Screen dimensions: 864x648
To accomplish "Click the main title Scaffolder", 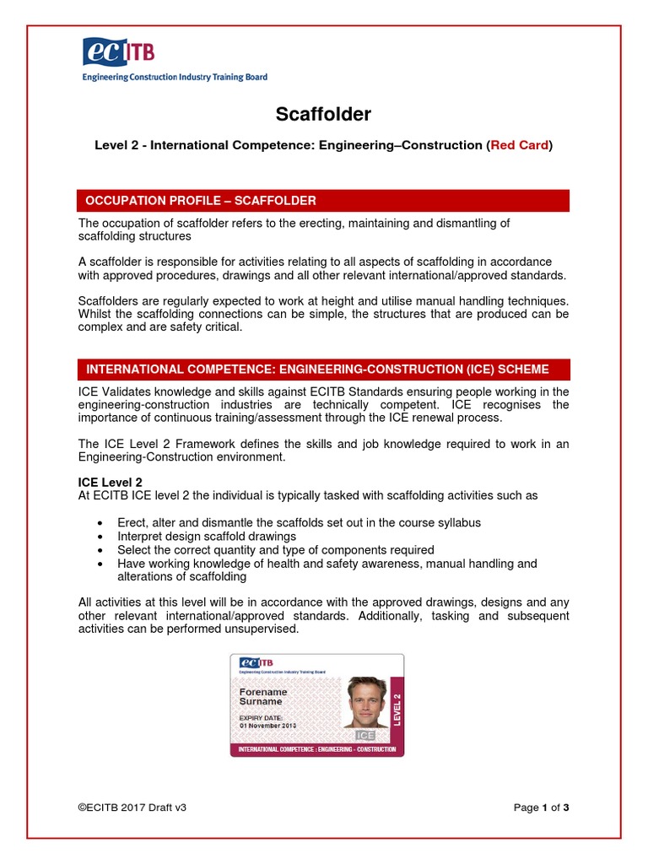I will click(x=324, y=114).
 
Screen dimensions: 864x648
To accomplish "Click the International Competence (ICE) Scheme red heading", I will click(x=317, y=370).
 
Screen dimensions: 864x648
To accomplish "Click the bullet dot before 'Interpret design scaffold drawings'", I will click(x=101, y=537).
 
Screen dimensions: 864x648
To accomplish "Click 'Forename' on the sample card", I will click(x=264, y=692).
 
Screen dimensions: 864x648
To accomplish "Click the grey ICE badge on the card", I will click(x=364, y=736).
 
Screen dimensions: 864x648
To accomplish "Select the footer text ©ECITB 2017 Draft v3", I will click(x=132, y=807).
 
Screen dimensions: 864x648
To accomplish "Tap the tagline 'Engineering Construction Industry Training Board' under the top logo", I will click(x=175, y=77).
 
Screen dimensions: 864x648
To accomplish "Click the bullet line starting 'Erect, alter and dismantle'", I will click(x=299, y=523).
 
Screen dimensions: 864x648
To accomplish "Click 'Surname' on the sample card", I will click(x=262, y=702).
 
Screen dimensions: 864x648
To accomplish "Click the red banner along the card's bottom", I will click(x=317, y=749).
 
